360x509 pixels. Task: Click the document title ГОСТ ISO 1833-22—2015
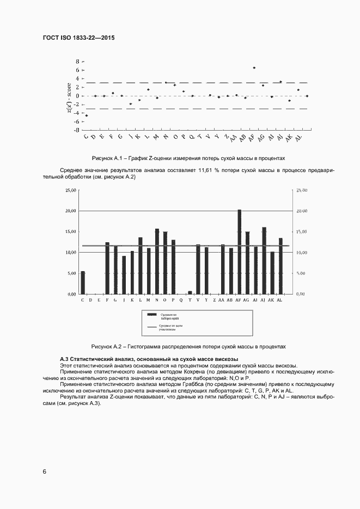pyautogui.click(x=78, y=38)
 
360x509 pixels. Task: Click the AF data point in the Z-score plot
pyautogui.click(x=254, y=68)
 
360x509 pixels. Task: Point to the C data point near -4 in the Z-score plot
pyautogui.click(x=87, y=115)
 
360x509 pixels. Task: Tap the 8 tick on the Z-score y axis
pyautogui.click(x=77, y=62)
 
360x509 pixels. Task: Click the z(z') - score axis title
pyautogui.click(x=69, y=96)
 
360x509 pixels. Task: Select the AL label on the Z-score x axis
pyautogui.click(x=298, y=139)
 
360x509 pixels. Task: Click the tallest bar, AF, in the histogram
pyautogui.click(x=239, y=252)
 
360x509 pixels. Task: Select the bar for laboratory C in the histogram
pyautogui.click(x=83, y=283)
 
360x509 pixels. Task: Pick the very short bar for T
pyautogui.click(x=190, y=292)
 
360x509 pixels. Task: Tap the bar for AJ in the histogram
pyautogui.click(x=264, y=260)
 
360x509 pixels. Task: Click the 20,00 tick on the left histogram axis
pyautogui.click(x=71, y=211)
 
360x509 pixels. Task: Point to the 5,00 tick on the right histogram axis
pyautogui.click(x=301, y=273)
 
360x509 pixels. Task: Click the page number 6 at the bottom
pyautogui.click(x=45, y=471)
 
